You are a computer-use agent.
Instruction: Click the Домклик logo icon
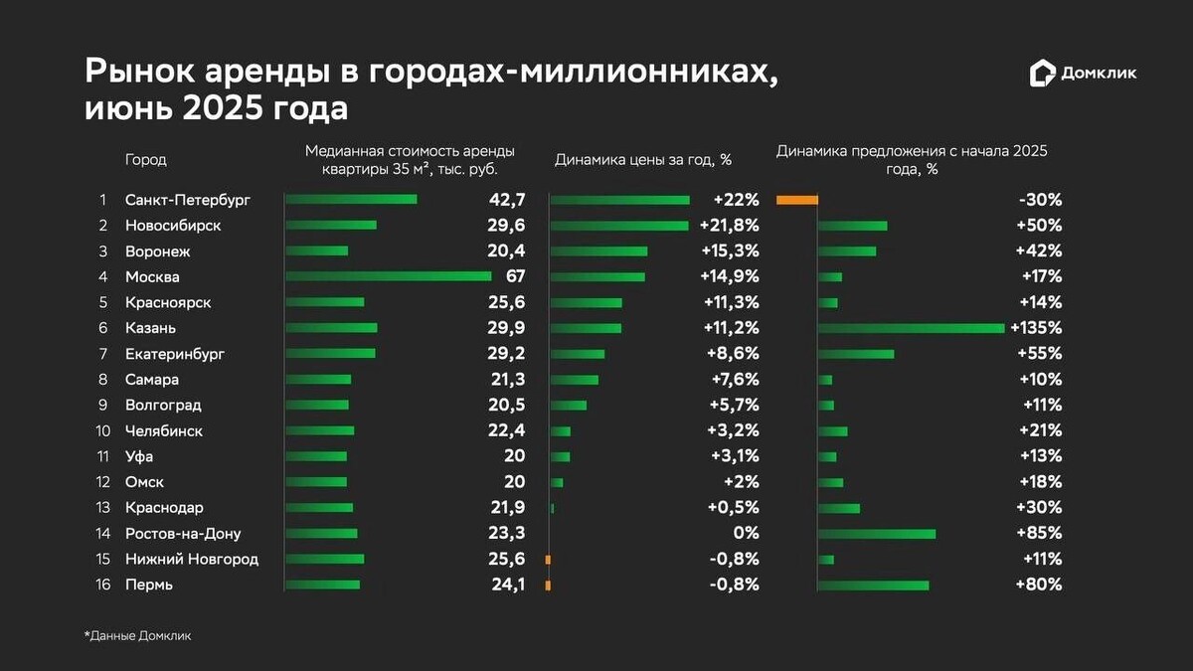coord(1042,73)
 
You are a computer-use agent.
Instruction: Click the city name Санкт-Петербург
coord(187,200)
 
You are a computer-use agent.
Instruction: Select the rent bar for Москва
coord(388,276)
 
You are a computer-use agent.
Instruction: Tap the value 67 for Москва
coord(514,276)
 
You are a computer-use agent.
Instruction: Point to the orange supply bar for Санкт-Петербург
coord(796,200)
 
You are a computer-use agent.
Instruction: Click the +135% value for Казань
coord(1036,328)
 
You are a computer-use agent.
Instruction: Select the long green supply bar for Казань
coord(911,328)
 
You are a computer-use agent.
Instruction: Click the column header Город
coord(145,159)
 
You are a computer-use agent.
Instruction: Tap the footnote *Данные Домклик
coord(137,635)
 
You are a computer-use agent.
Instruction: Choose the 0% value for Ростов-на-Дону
coord(747,534)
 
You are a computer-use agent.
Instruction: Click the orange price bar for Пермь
coord(548,586)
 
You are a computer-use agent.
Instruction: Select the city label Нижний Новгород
coord(191,560)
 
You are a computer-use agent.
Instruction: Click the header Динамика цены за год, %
coord(642,159)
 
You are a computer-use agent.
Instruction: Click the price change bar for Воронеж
coord(598,252)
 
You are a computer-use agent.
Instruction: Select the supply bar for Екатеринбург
coord(855,354)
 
